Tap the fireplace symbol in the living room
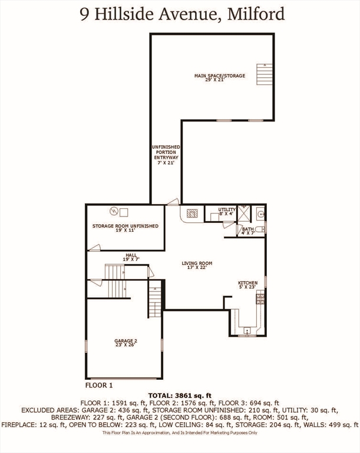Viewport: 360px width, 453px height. [192, 214]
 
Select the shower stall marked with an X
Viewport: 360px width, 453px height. [245, 212]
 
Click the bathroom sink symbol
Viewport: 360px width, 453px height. [260, 214]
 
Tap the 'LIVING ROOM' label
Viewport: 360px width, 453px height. [197, 265]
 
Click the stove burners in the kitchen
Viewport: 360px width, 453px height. [260, 298]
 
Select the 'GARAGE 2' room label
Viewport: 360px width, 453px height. [125, 343]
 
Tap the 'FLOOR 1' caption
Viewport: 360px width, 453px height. [99, 385]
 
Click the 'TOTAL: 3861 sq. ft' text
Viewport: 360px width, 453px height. [180, 395]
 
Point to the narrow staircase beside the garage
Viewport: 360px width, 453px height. [154, 301]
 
